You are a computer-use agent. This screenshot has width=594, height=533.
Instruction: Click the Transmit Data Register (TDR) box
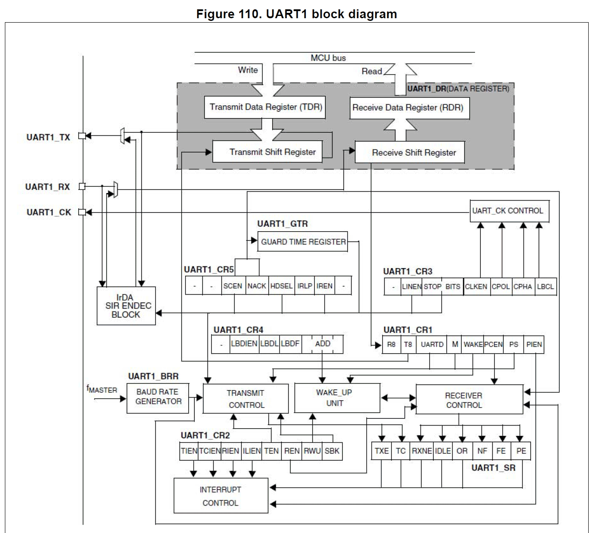[x=265, y=107]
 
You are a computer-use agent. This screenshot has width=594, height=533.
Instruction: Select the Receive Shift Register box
[x=409, y=152]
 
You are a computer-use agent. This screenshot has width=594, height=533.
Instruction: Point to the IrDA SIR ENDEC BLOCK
[x=126, y=306]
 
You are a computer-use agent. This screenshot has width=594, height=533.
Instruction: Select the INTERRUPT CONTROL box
[x=221, y=496]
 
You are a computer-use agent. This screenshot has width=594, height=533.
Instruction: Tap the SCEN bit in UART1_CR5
[x=233, y=286]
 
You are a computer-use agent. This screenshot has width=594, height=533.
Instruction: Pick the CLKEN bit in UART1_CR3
[x=476, y=287]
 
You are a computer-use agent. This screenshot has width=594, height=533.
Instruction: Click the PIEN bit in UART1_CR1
[x=534, y=344]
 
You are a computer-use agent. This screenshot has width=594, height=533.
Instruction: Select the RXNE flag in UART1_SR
[x=421, y=451]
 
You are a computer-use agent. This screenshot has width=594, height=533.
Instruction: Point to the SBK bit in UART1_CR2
[x=332, y=451]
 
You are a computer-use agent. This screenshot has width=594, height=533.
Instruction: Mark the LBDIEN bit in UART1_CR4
[x=244, y=343]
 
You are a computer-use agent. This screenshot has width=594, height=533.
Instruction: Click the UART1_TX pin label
[x=48, y=137]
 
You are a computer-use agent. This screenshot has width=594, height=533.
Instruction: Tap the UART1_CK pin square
[x=82, y=212]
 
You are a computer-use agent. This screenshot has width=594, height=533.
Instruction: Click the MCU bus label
[x=328, y=58]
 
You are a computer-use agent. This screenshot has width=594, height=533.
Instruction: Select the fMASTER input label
[x=102, y=390]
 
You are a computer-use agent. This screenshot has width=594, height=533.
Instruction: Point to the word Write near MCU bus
[x=248, y=70]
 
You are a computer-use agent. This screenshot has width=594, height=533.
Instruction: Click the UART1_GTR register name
[x=282, y=224]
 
